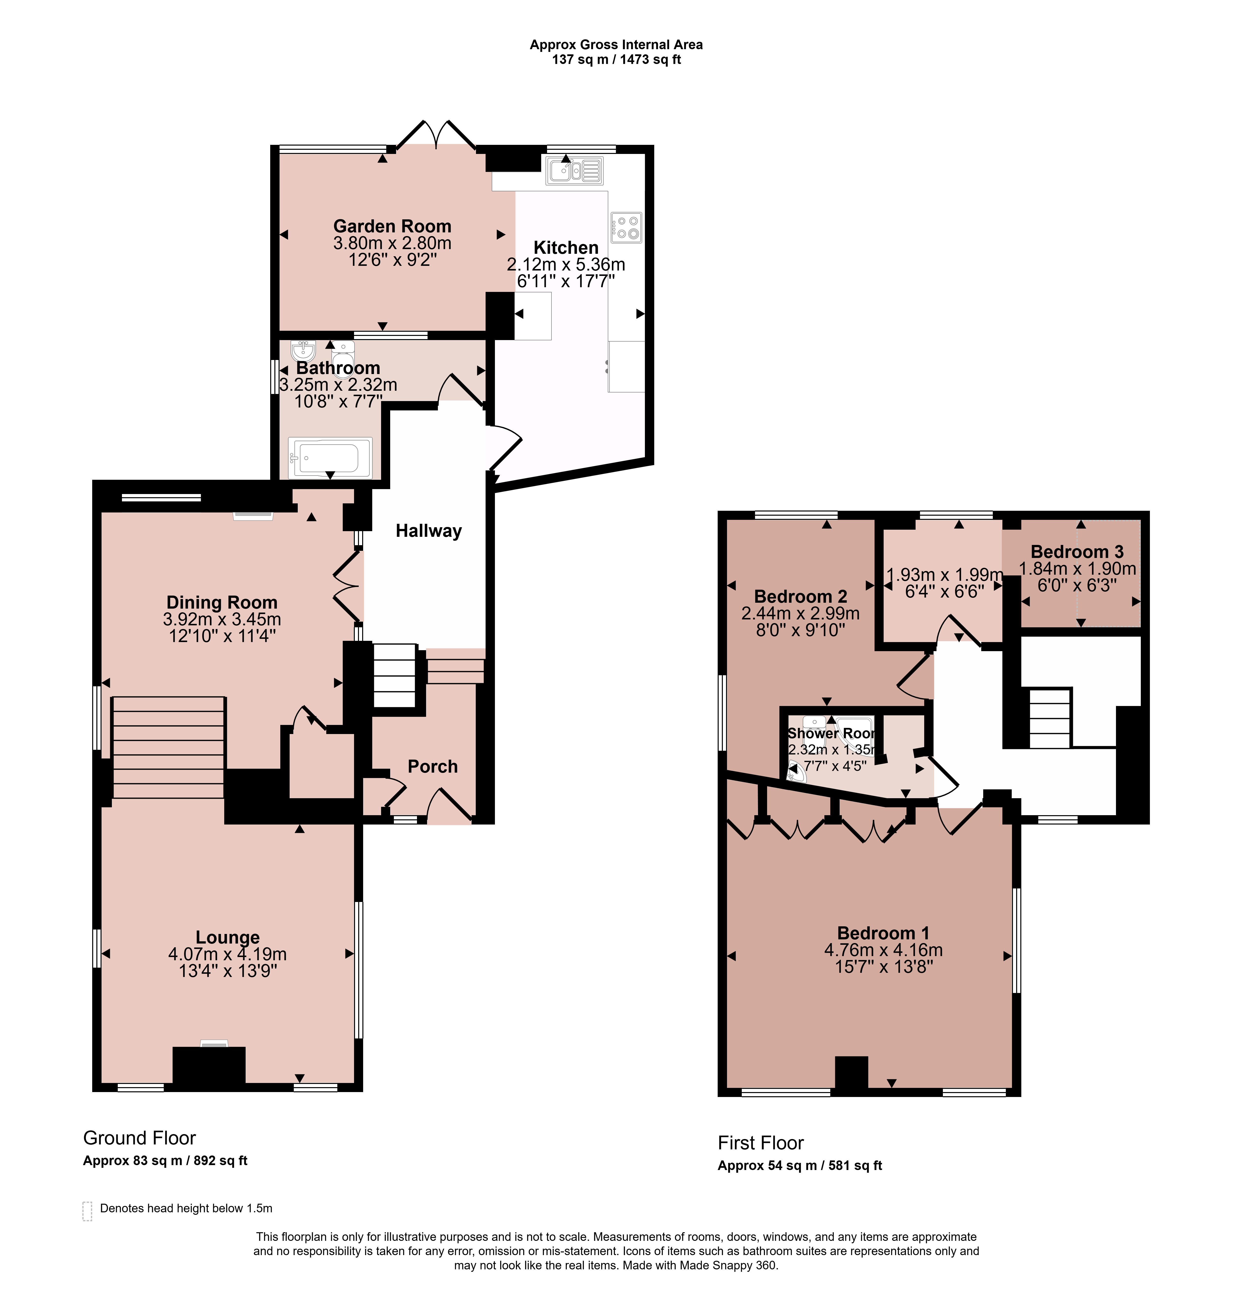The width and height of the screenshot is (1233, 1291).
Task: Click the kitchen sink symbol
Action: point(574,171)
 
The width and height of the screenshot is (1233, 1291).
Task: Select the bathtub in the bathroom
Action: point(330,457)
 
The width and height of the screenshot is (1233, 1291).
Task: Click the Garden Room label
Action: point(392,226)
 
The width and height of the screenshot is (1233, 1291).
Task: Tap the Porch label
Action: point(432,766)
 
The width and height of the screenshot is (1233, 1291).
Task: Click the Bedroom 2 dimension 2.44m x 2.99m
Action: point(801,613)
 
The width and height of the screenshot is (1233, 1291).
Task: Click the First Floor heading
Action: point(760,1143)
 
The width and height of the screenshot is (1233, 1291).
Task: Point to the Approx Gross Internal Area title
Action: point(617,45)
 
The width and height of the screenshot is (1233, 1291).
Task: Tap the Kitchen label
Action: point(566,248)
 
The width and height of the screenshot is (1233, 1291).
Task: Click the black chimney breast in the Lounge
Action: point(209,1065)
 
